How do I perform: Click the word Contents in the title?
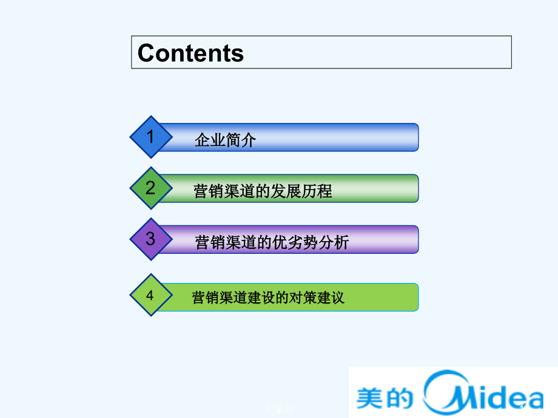pos(190,53)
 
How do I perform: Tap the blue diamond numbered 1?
pos(150,137)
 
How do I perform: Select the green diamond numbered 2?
pos(150,188)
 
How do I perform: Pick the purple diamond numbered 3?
pos(150,239)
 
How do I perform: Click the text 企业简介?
pos(226,141)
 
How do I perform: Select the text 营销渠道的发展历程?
pos(263,191)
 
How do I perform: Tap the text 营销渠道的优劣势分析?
pos(272,243)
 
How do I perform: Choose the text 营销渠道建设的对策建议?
pos(267,297)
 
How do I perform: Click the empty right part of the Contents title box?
pos(394,52)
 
